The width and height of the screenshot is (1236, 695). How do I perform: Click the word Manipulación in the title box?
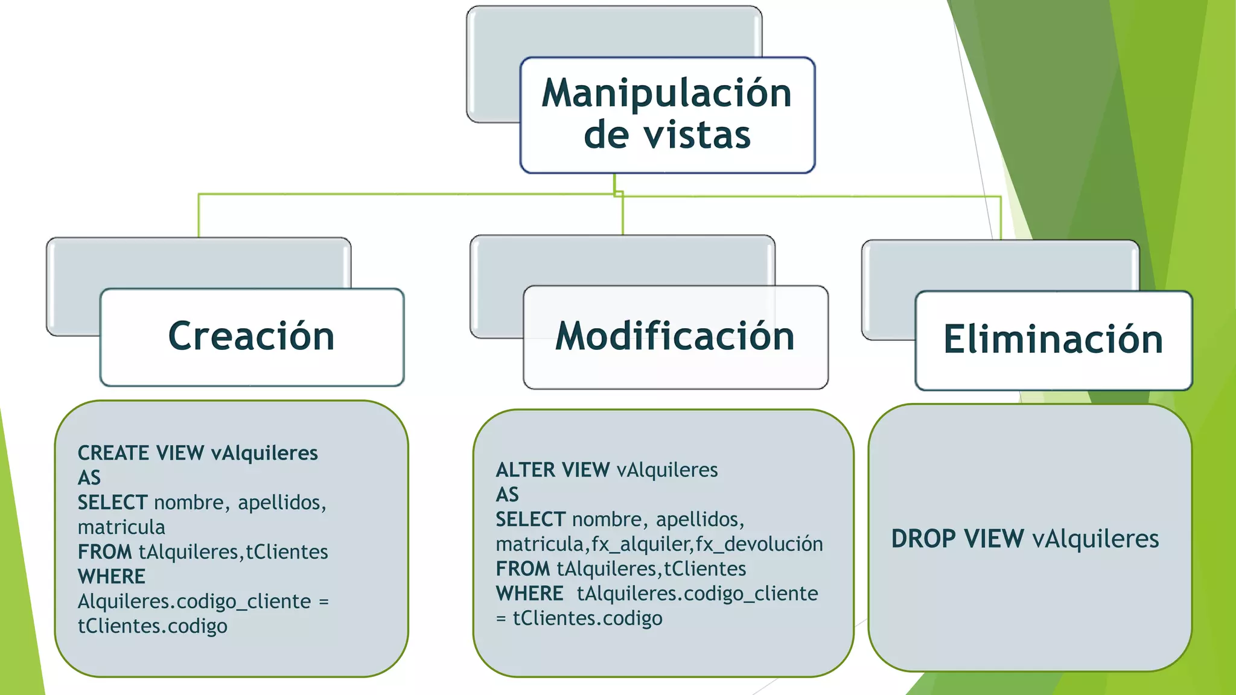666,94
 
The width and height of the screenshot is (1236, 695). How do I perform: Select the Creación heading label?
251,336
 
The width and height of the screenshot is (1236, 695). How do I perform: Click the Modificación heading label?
675,336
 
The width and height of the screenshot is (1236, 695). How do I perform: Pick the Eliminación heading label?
1053,339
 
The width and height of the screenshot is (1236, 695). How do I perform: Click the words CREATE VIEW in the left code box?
141,453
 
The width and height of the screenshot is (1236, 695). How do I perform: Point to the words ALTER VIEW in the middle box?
552,470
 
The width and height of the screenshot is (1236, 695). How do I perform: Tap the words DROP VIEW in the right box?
957,539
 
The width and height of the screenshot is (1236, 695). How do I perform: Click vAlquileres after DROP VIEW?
1095,539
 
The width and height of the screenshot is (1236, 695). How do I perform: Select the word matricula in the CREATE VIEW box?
121,527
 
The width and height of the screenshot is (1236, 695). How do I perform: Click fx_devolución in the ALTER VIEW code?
759,544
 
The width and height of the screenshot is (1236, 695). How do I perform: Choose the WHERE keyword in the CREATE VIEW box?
112,577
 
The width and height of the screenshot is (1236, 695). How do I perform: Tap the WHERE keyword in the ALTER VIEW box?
529,594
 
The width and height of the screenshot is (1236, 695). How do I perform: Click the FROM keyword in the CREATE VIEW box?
104,552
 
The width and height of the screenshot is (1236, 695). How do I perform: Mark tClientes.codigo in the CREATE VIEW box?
153,626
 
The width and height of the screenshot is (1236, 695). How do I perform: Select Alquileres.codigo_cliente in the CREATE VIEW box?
194,601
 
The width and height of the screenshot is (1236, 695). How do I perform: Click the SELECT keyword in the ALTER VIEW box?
530,519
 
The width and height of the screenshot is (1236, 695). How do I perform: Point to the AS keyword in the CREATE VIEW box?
89,478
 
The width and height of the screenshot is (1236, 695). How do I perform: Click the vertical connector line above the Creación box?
199,215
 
